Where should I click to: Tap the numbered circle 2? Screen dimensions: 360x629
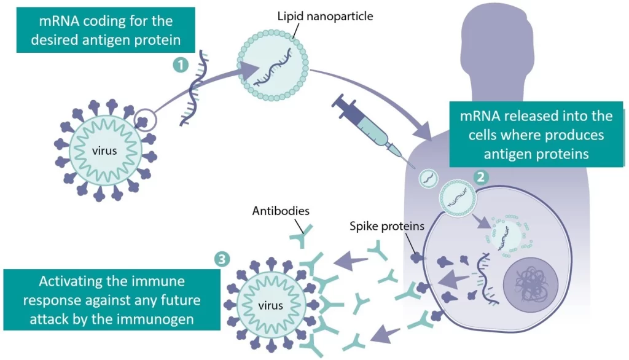[x=482, y=177]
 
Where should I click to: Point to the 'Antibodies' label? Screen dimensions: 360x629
[x=281, y=211]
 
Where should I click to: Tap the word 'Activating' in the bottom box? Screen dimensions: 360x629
[x=69, y=282]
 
